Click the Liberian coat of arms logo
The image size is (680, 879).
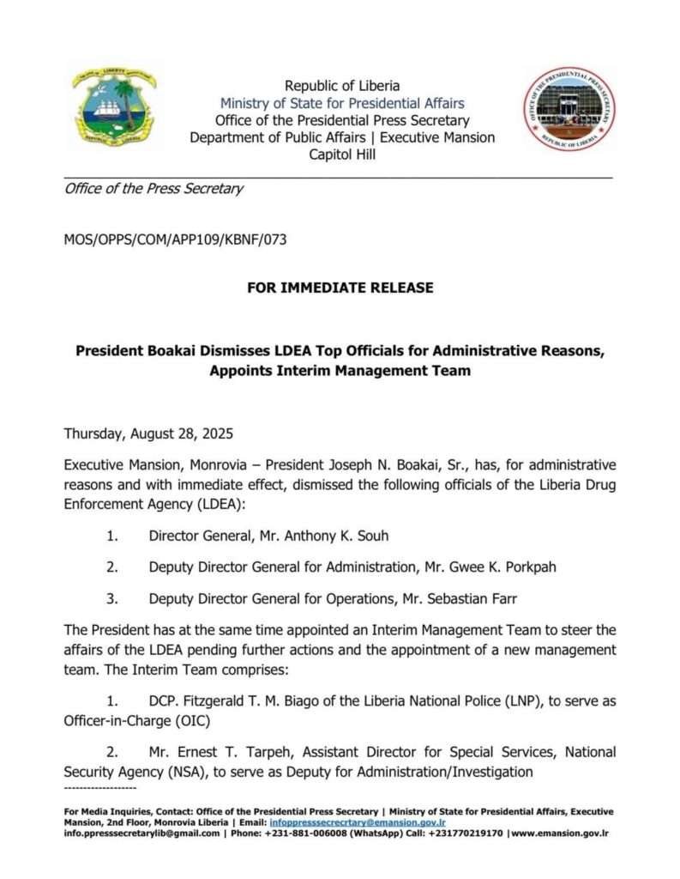click(x=114, y=109)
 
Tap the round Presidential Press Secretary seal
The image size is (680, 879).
click(x=569, y=109)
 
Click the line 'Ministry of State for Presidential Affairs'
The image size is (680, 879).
click(x=342, y=104)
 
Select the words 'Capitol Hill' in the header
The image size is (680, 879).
click(x=342, y=155)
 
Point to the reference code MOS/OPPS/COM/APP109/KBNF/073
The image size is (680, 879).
click(x=175, y=239)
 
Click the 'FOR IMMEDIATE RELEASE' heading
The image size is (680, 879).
click(x=340, y=288)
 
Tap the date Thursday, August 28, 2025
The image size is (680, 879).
click(x=148, y=433)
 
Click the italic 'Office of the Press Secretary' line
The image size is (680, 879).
click(x=153, y=189)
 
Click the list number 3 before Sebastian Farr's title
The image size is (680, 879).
click(x=111, y=599)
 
